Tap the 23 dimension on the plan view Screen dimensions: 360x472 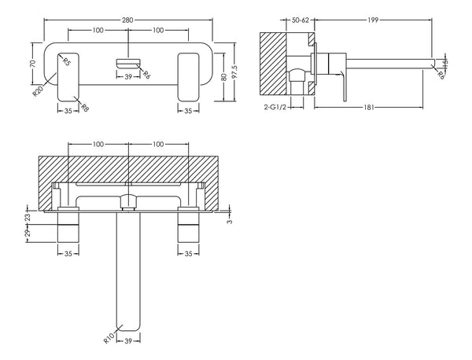coord(28,215)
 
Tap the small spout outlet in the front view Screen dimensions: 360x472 coord(127,62)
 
